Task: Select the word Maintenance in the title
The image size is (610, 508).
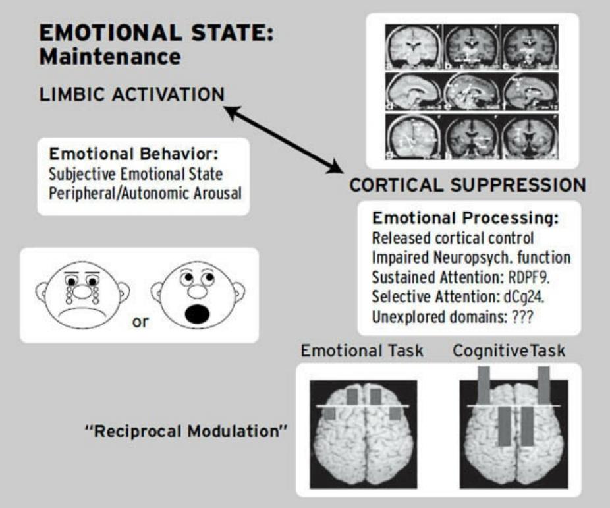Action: (x=109, y=57)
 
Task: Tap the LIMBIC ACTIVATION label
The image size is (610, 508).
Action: (x=132, y=96)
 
